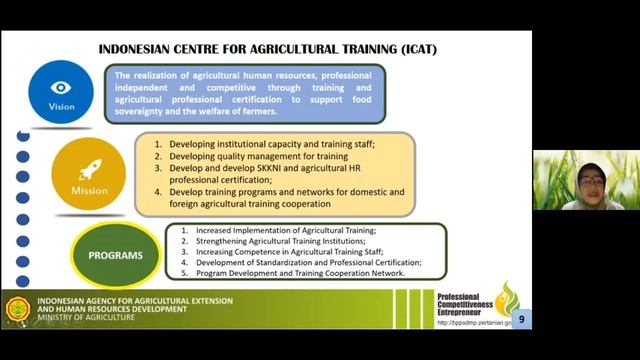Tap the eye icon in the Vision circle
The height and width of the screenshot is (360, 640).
point(61,87)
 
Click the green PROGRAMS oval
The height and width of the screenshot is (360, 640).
point(116,255)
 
